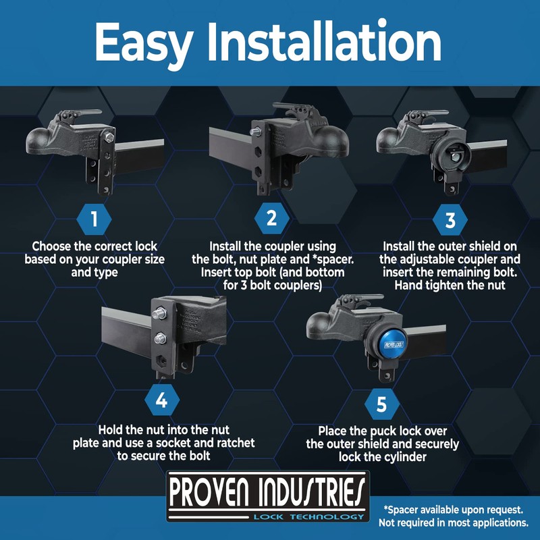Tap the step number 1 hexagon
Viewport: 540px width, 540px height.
(x=94, y=219)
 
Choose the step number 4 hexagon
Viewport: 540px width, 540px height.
(x=161, y=401)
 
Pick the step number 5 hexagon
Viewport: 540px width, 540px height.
(x=381, y=405)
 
